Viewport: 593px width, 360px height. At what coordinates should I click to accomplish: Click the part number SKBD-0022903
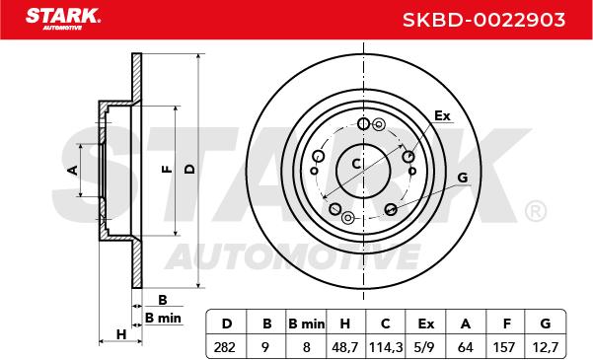(483, 20)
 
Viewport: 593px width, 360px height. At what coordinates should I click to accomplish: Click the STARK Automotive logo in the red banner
(63, 19)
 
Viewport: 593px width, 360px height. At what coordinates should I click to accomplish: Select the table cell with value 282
(225, 347)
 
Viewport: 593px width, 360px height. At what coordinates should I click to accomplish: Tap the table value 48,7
(345, 347)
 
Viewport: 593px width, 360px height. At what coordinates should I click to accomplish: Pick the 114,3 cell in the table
(386, 347)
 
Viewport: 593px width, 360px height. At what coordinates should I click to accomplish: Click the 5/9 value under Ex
(426, 347)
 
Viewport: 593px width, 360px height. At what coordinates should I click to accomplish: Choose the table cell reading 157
(505, 347)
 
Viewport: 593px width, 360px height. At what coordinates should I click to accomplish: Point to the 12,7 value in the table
(545, 347)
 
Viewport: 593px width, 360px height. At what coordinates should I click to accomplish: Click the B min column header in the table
(306, 324)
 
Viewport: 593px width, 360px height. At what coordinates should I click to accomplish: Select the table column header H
(345, 324)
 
